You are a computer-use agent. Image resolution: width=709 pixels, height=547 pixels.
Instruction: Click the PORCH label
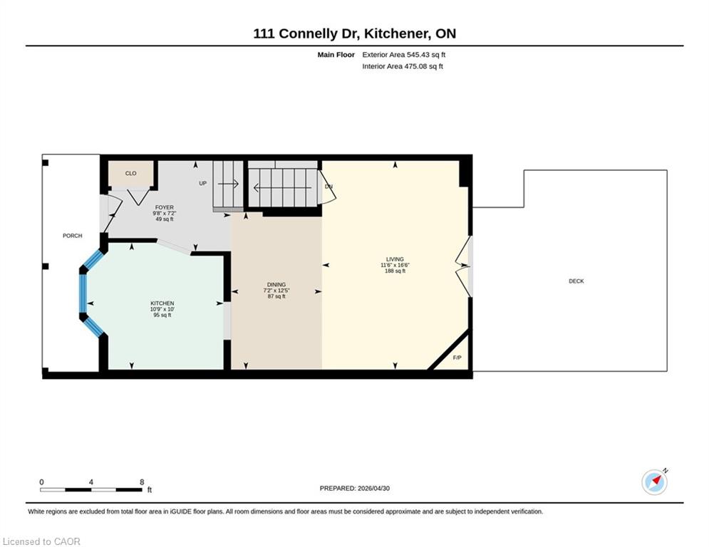73,236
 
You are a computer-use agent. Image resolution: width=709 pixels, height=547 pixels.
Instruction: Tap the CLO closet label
130,173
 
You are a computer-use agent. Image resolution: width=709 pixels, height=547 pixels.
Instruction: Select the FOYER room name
164,207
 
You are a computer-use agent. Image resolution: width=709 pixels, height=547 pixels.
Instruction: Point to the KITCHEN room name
162,303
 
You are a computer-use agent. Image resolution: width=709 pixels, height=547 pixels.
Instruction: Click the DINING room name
276,285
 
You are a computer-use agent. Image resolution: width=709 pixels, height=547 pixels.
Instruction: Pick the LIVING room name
395,259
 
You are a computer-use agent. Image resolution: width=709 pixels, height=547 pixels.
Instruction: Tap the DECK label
576,281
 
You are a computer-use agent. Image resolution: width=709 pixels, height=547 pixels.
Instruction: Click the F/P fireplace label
457,358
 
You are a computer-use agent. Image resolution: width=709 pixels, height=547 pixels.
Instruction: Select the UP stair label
202,183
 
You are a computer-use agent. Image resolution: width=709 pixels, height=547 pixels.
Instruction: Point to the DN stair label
328,187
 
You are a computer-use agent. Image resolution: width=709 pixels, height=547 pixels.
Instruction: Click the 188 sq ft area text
395,271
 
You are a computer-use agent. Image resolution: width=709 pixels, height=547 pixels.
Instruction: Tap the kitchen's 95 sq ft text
162,315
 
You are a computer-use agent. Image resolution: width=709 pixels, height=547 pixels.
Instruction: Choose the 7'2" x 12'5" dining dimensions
276,291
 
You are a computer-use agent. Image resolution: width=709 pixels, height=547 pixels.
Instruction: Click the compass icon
654,482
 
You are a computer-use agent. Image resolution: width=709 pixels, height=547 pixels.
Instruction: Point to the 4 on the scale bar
91,482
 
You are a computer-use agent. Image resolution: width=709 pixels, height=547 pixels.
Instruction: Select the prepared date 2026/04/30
373,488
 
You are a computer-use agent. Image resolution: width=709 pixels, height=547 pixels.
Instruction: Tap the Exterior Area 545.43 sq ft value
404,55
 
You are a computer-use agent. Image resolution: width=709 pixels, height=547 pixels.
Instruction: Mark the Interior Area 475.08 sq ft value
403,66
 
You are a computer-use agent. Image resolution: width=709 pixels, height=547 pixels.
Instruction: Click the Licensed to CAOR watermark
41,541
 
